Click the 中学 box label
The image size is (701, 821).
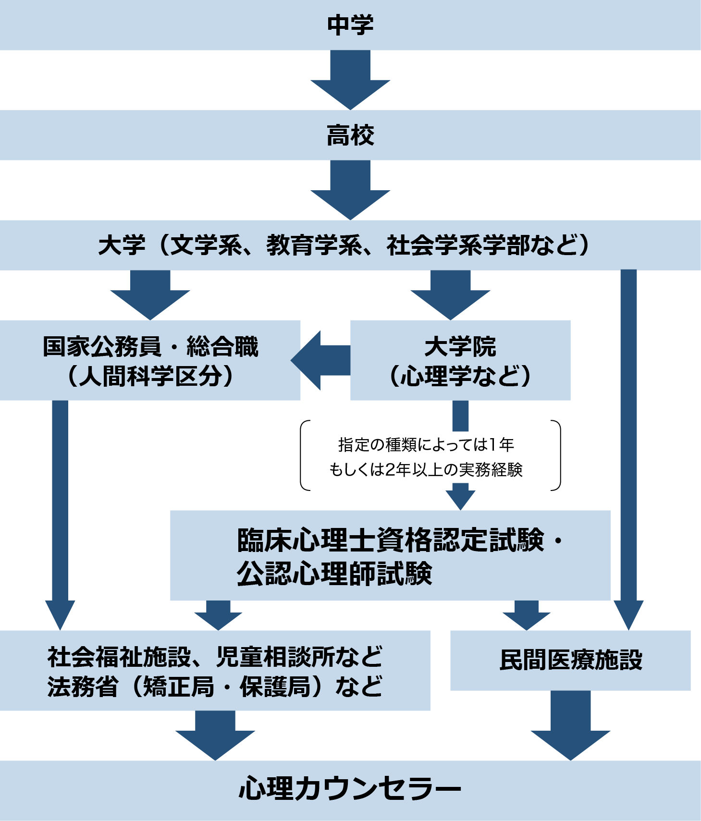350,25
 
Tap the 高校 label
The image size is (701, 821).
350,135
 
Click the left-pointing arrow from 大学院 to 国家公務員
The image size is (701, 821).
320,360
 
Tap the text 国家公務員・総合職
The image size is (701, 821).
150,346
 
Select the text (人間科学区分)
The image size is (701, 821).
150,376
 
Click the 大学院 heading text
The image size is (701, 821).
460,346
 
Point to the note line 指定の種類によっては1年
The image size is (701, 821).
426,445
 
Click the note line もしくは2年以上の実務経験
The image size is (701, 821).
426,469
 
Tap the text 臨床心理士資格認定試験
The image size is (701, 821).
391,540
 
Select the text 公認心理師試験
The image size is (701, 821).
334,573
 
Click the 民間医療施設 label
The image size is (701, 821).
570,660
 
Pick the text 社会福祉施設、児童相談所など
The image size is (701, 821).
215,657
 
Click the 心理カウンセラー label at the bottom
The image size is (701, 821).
350,789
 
